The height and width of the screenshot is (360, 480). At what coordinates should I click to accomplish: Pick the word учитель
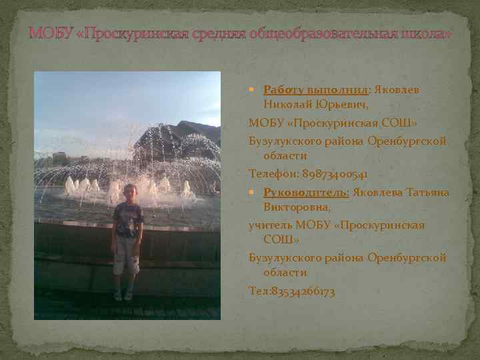coord(270,225)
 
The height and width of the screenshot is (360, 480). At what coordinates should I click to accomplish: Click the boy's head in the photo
coord(129,192)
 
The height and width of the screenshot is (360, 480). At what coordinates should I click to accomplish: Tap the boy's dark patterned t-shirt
coord(127,220)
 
